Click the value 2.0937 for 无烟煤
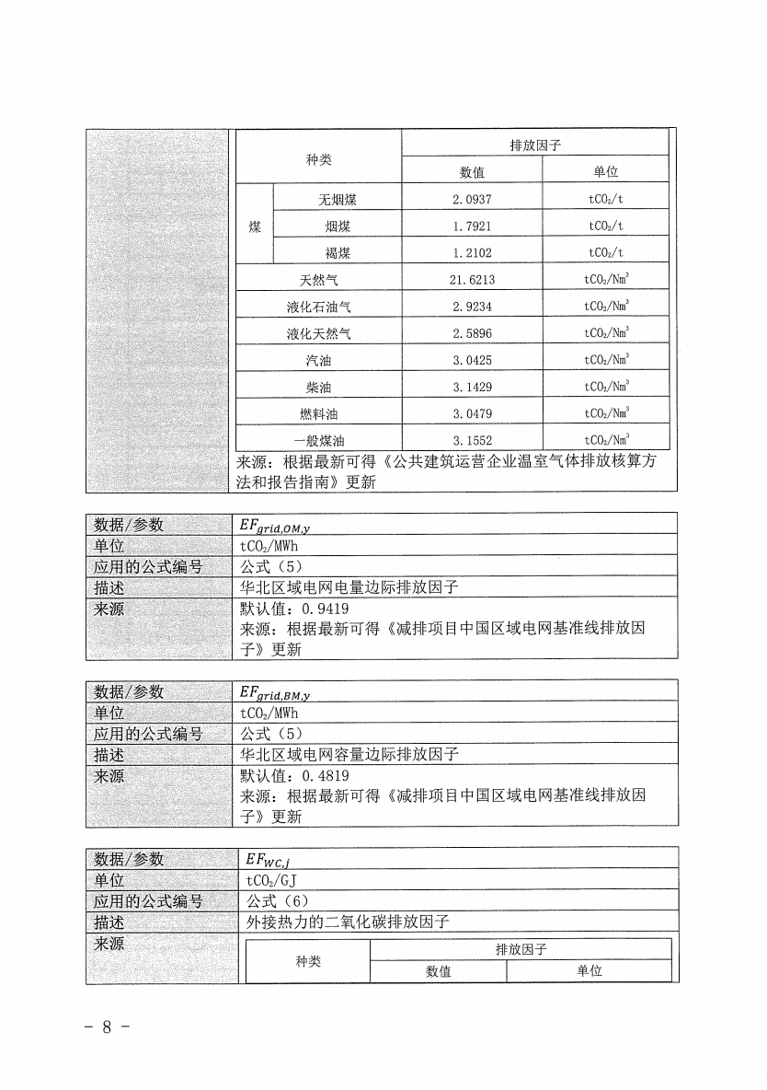tap(472, 199)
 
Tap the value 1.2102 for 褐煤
tap(472, 252)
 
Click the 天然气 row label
tap(318, 280)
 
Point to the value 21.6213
tap(472, 280)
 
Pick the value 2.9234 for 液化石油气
tap(472, 307)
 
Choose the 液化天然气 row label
tap(318, 333)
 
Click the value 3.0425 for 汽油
tap(472, 360)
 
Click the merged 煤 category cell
tap(255, 226)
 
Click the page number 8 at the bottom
tap(107, 1026)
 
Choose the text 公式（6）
tap(275, 900)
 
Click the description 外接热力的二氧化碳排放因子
tap(348, 921)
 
